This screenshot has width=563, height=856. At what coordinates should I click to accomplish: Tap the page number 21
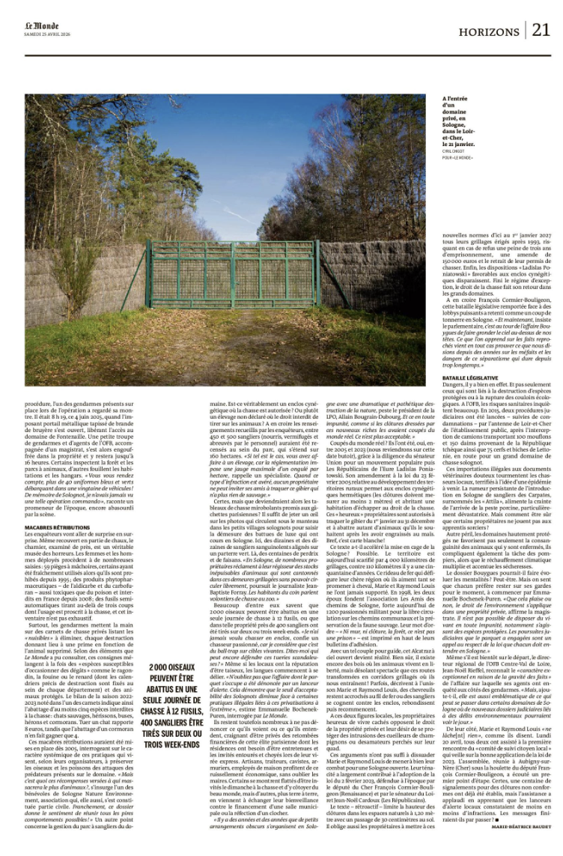point(541,29)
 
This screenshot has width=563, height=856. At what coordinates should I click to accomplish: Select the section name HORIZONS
point(491,31)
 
